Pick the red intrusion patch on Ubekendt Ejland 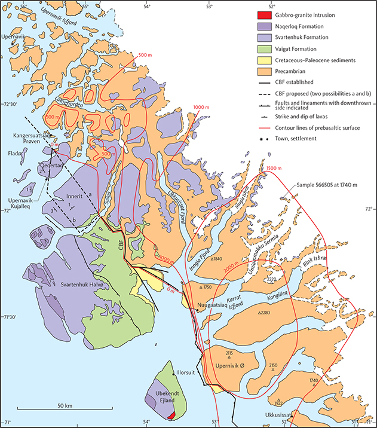coord(170,414)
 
